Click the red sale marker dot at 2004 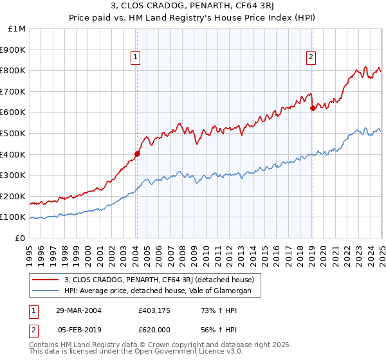137,154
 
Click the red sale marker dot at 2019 312,108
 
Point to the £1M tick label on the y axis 17,28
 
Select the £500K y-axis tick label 14,133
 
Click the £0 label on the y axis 21,238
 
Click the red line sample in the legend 46,280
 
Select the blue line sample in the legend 46,291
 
